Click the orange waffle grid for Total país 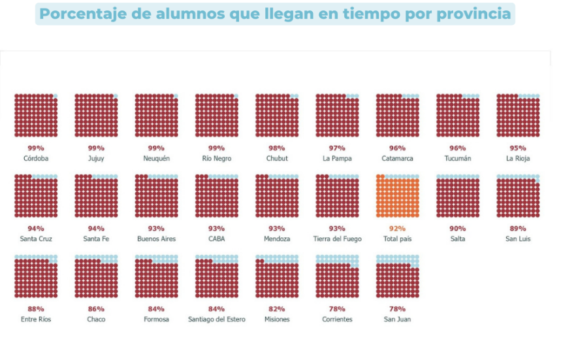coord(397,196)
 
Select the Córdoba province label coord(36,159)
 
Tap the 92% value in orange coord(397,229)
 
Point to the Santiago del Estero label coord(217,319)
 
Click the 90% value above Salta coord(457,229)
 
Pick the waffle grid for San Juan coord(397,276)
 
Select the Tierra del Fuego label coord(337,239)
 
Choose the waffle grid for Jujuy coord(96,116)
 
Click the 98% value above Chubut coord(277,148)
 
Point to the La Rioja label coord(518,159)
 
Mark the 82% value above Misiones coord(277,309)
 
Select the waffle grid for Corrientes coord(337,276)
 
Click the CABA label coord(217,239)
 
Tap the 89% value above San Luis coord(518,229)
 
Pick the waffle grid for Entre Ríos coord(36,276)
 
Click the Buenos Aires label coord(156,239)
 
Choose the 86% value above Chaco coord(96,309)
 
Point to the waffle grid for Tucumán coord(457,116)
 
